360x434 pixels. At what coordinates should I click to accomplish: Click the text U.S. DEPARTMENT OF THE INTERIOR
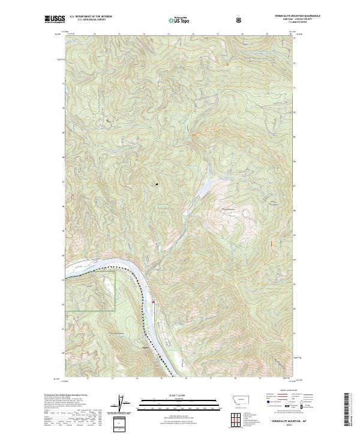(x=91, y=17)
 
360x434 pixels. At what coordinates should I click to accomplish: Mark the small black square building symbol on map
(x=157, y=184)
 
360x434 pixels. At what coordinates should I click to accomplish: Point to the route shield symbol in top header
(x=240, y=20)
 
